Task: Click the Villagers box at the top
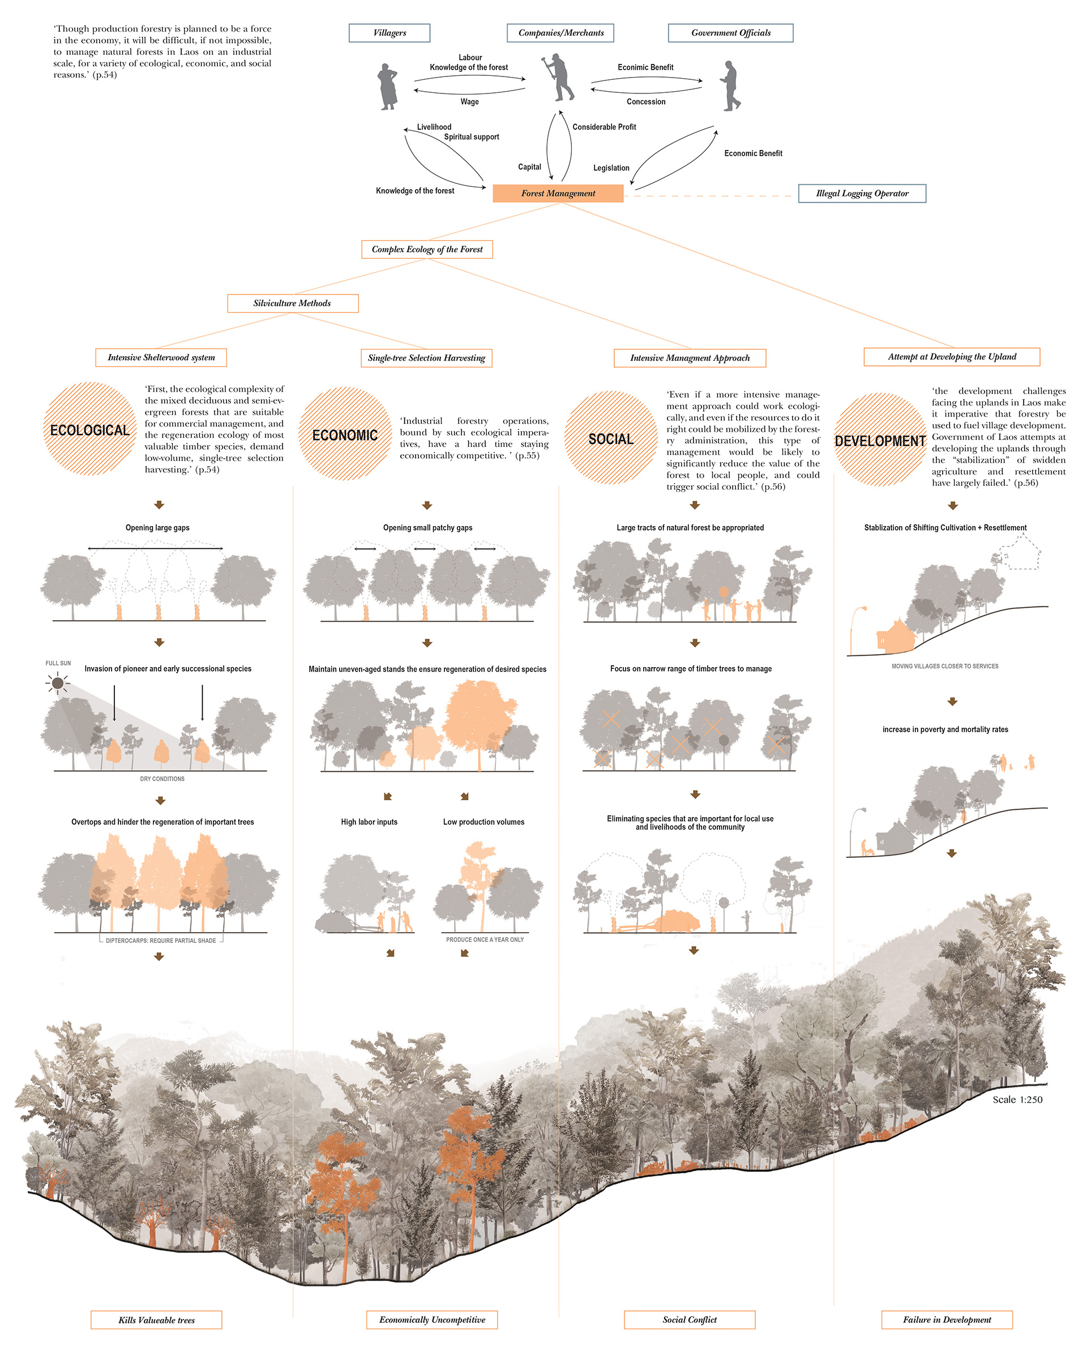coord(390,33)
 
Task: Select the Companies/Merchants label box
coord(560,33)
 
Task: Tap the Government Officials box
coord(730,33)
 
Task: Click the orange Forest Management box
coord(558,194)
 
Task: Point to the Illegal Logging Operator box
coord(862,194)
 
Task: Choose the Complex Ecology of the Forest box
coord(427,249)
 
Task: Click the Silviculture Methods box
coord(293,304)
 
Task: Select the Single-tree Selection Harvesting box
coord(426,358)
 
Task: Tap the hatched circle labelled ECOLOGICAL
coord(90,430)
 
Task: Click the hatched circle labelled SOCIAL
coord(610,438)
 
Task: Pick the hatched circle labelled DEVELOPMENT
coord(880,439)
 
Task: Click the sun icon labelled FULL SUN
coord(58,682)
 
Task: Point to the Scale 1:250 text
coord(1017,1100)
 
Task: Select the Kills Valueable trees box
coord(156,1320)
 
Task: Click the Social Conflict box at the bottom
coord(689,1320)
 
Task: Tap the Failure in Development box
coord(947,1320)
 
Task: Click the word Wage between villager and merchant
coord(469,102)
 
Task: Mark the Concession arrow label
coord(645,102)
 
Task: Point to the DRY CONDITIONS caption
coord(162,779)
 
